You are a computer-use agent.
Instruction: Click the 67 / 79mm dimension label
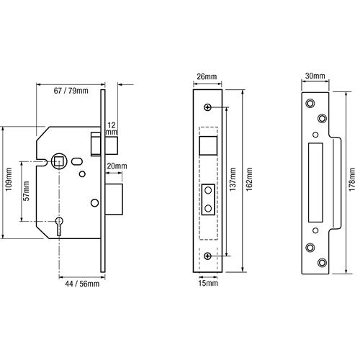click(x=71, y=91)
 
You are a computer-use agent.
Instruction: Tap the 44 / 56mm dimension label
click(x=82, y=284)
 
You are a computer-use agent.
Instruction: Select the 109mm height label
click(x=9, y=179)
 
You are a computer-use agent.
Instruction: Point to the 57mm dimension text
click(x=27, y=191)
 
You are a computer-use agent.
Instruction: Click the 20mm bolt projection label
click(x=117, y=166)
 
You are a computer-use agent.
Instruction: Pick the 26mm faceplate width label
click(x=207, y=76)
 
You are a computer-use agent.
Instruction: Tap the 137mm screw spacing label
click(x=233, y=179)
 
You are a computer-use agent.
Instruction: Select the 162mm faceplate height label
click(x=249, y=179)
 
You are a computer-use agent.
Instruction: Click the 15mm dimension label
click(x=208, y=283)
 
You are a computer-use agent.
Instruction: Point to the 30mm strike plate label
click(x=315, y=76)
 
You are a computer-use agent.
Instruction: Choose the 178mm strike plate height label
click(x=352, y=179)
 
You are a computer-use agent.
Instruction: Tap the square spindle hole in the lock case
click(x=59, y=161)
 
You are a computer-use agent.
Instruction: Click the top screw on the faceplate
click(x=207, y=107)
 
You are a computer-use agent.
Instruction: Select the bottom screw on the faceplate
click(x=207, y=256)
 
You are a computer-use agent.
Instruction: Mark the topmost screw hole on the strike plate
click(x=310, y=103)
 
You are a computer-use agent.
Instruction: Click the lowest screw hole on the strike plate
click(x=322, y=262)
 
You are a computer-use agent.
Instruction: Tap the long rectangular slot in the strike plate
click(x=315, y=182)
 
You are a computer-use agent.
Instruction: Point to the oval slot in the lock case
click(x=77, y=161)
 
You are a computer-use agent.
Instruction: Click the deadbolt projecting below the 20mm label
click(x=114, y=199)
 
